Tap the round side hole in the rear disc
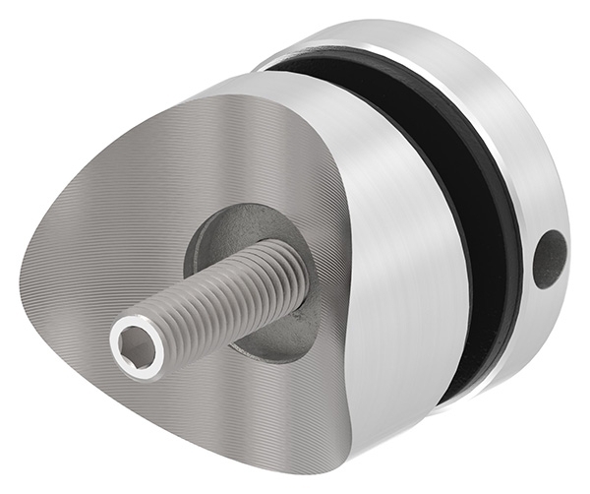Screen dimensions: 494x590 click(549, 259)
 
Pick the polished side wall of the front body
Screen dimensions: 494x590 click(403, 295)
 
